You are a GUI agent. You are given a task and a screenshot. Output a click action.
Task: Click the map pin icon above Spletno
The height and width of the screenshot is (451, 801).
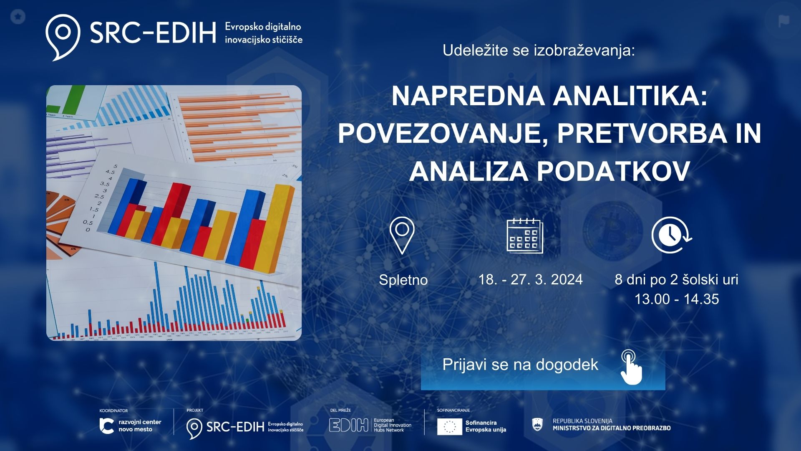pos(402,235)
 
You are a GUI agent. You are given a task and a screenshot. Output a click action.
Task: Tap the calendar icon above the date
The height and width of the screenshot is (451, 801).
pos(524,236)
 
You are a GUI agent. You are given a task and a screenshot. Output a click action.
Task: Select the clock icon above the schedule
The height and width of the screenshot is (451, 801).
pos(671,235)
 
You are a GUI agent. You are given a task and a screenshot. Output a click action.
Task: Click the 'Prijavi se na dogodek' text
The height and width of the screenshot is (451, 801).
pos(520,365)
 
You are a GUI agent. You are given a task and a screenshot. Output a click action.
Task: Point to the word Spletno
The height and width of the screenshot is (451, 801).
pos(403,280)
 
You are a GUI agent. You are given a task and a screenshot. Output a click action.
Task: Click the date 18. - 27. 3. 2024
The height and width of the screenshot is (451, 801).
pos(530,279)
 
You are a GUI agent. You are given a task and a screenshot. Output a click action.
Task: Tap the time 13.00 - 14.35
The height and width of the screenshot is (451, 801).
pos(676,299)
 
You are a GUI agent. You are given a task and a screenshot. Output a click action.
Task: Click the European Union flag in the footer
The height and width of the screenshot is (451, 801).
pos(449,426)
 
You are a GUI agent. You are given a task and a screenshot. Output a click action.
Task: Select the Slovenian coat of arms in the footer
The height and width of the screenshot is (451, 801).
pos(538,425)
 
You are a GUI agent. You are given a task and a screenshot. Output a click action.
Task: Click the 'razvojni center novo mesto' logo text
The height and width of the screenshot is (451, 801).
pos(139,426)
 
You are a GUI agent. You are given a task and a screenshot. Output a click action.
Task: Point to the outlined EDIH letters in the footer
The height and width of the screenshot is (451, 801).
pos(349,425)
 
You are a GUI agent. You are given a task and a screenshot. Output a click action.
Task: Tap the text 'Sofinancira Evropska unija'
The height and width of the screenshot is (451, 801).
pos(486,426)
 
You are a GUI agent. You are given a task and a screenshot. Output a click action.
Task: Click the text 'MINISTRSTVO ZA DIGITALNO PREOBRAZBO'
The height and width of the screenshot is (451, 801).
pos(611,428)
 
